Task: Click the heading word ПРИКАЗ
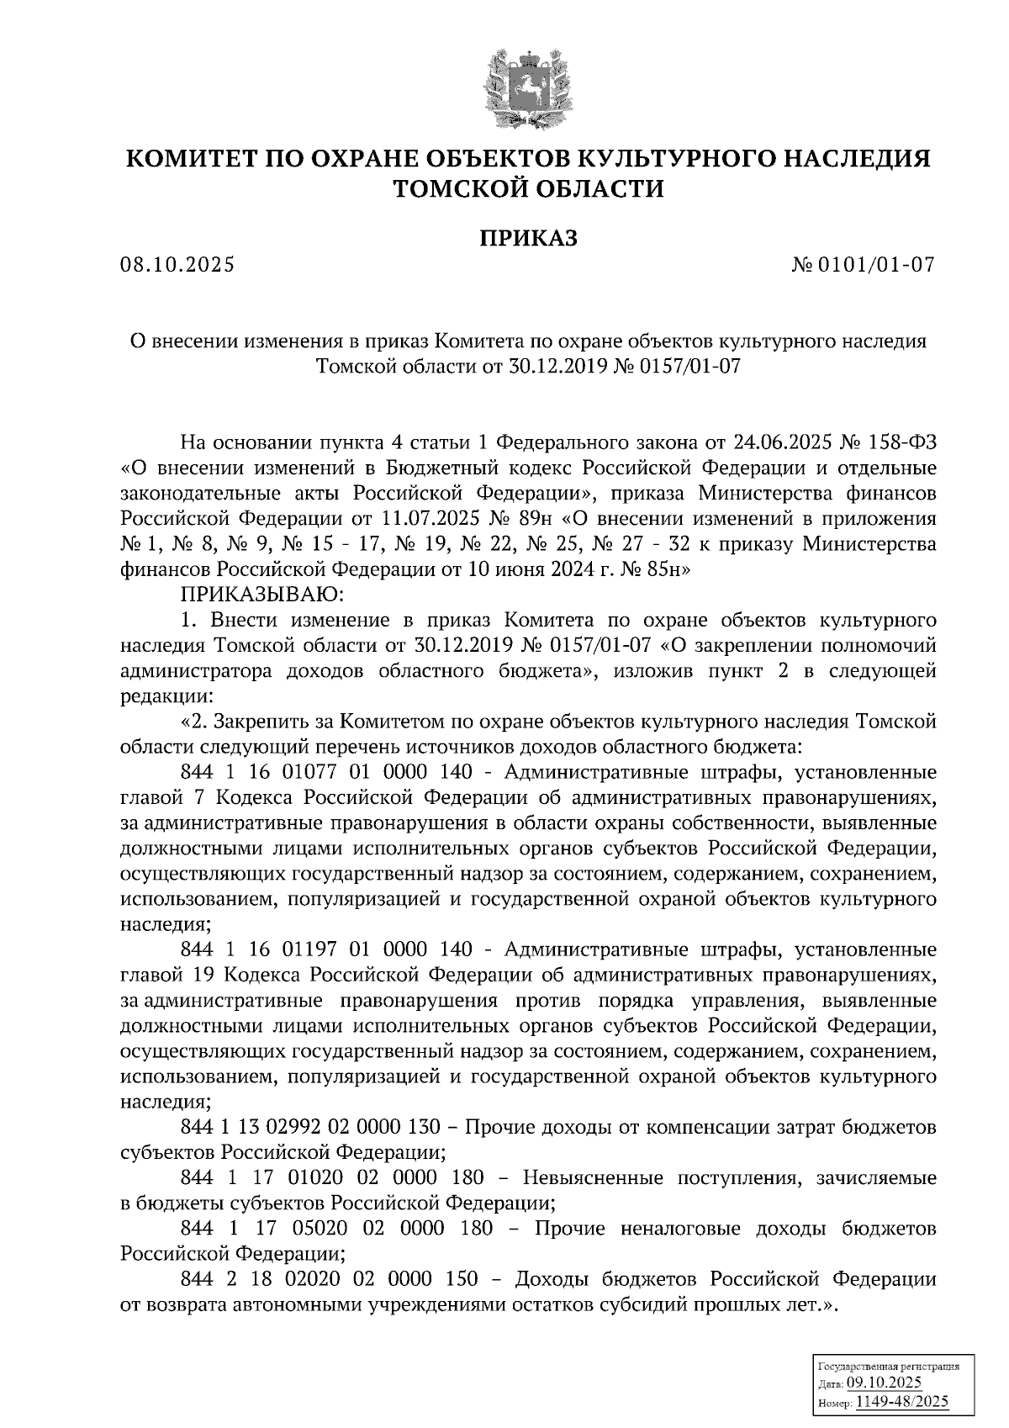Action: [x=529, y=238]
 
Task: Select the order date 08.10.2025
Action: [x=177, y=266]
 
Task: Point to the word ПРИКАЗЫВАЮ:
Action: [x=258, y=595]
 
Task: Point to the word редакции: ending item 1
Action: [x=161, y=697]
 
